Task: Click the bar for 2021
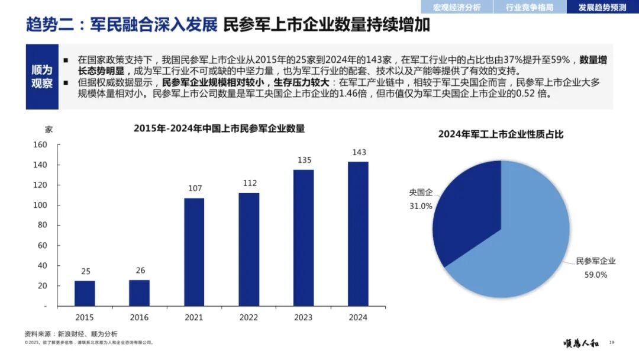click(x=194, y=252)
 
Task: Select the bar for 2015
click(x=85, y=294)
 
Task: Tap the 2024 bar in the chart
click(x=358, y=234)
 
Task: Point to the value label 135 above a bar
click(x=305, y=160)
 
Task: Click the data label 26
click(x=140, y=271)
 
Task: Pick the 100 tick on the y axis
click(x=40, y=205)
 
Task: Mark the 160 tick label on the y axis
click(x=40, y=144)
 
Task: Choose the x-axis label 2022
click(x=248, y=317)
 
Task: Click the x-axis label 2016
click(x=139, y=317)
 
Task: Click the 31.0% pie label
click(x=421, y=206)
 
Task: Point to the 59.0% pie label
click(x=596, y=275)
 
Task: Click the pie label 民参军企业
click(x=595, y=261)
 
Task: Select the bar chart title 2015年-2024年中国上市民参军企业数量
click(x=220, y=128)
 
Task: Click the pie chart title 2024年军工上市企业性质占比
click(x=501, y=134)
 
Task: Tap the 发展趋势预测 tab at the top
click(x=602, y=7)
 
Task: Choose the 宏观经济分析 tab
click(x=457, y=7)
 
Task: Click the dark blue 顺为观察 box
click(x=42, y=76)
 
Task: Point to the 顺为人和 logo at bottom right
click(x=581, y=343)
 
